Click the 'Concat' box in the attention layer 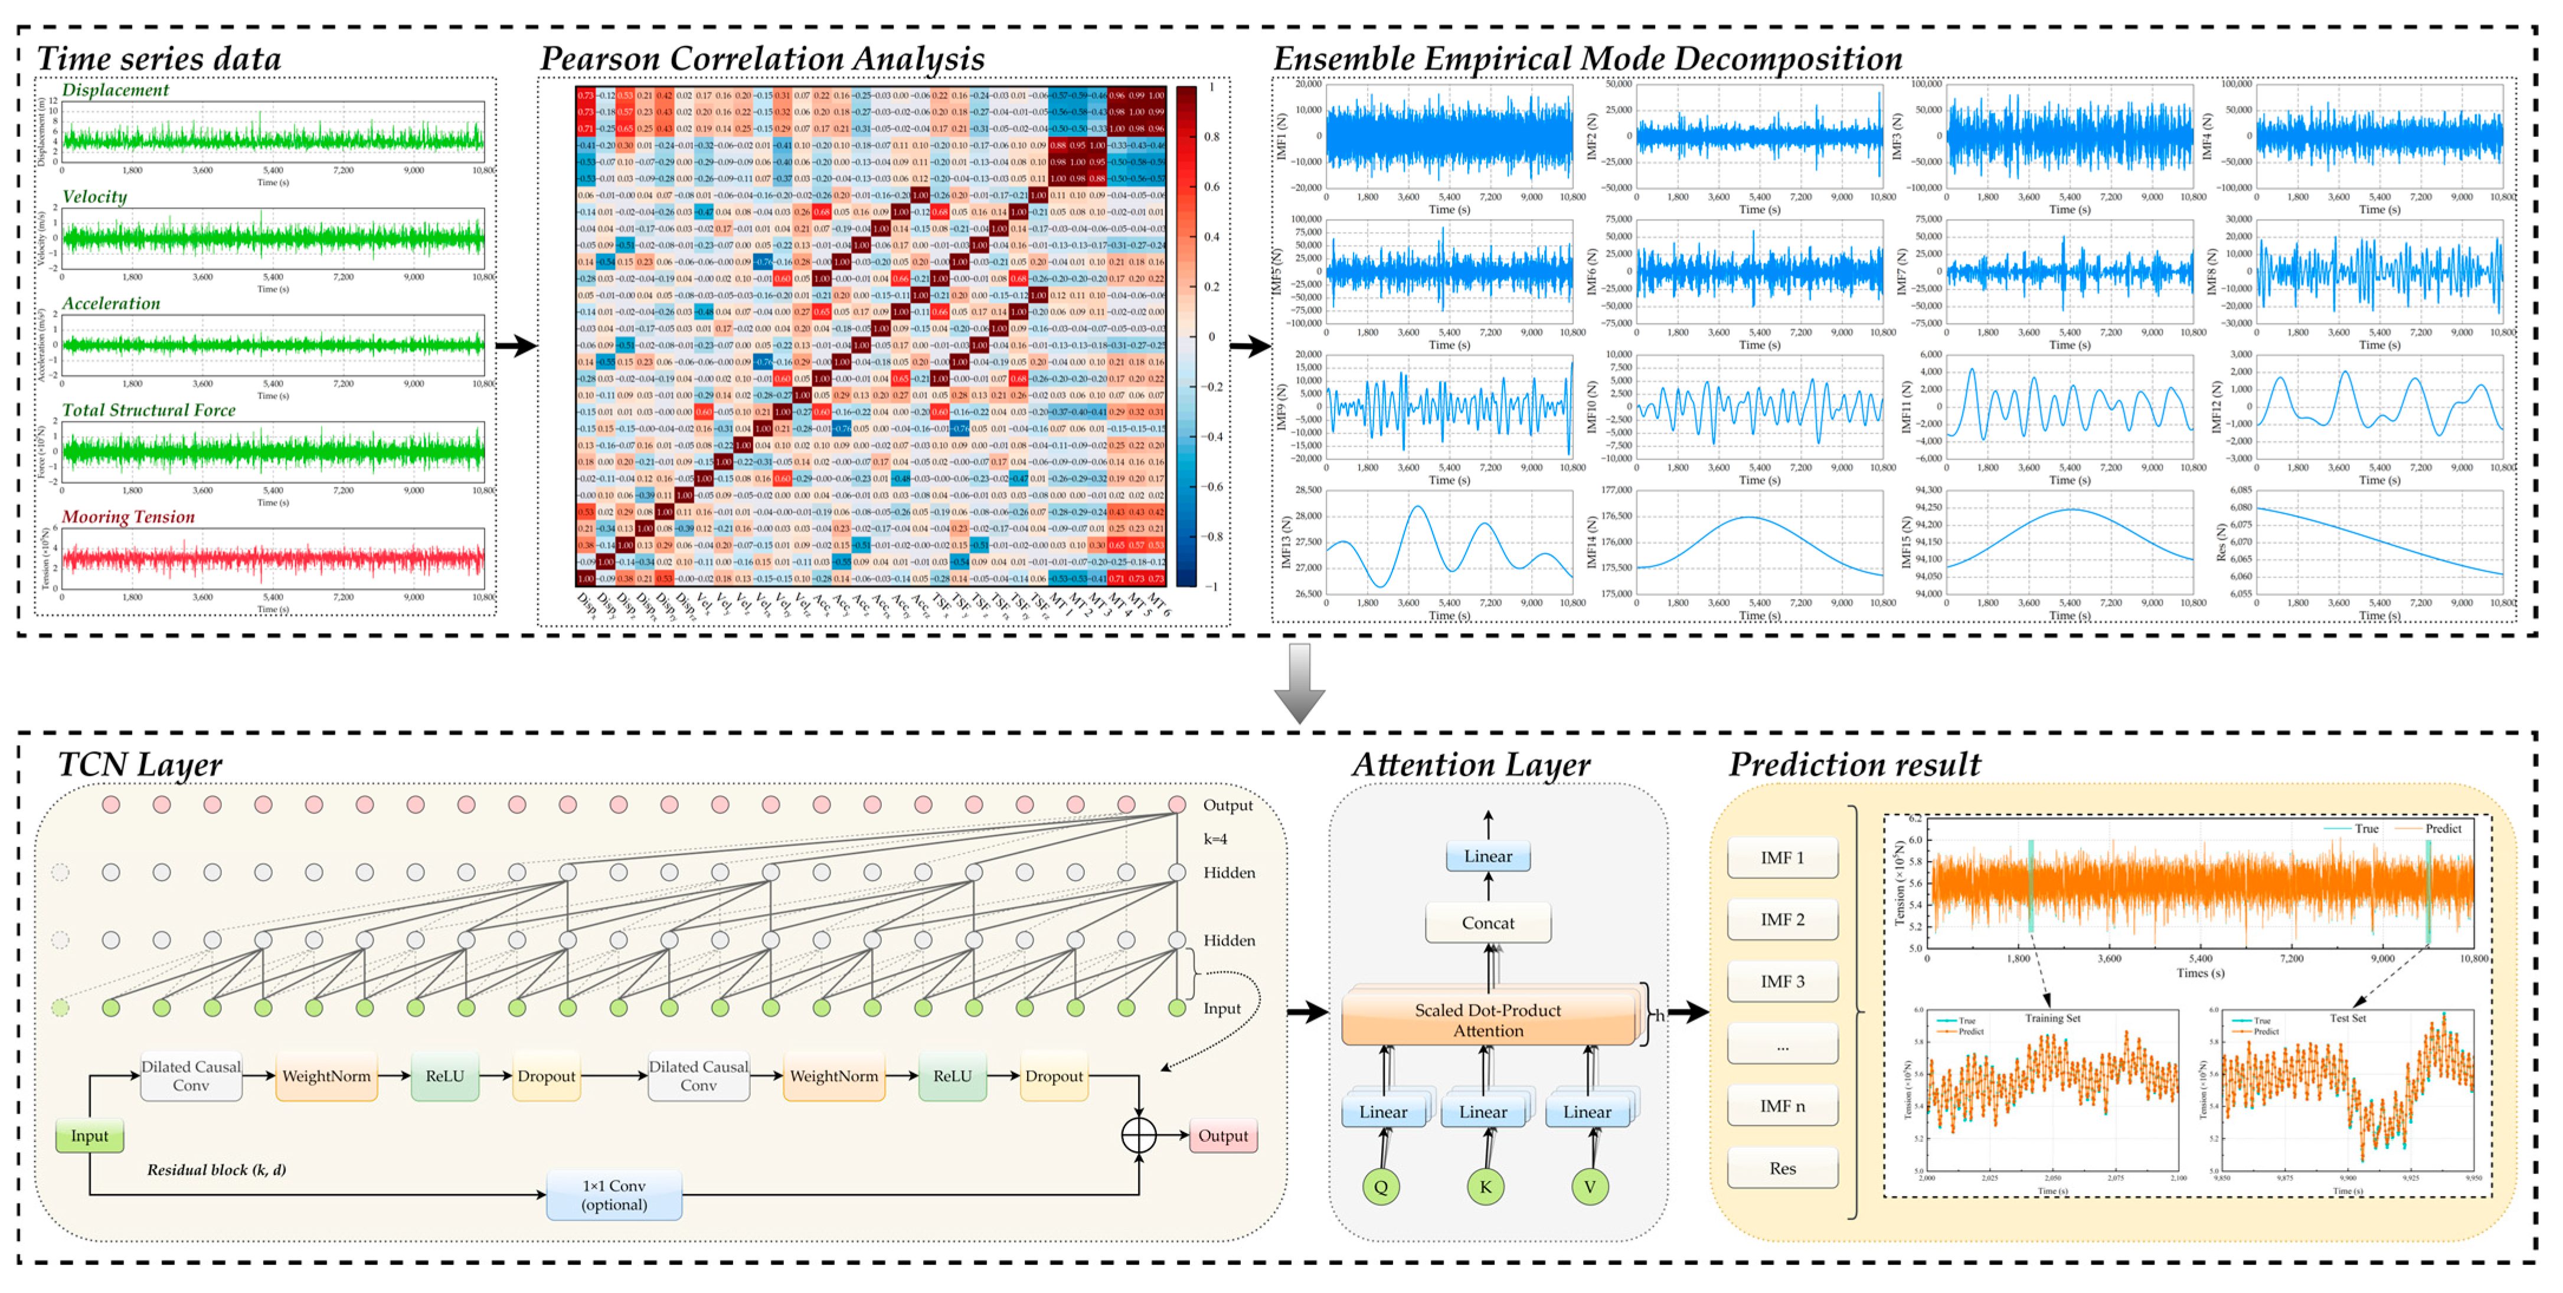click(1488, 923)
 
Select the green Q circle click(1381, 1187)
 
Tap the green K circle click(1486, 1187)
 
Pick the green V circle click(1589, 1187)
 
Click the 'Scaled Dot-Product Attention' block click(1488, 1020)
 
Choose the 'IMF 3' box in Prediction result click(1782, 981)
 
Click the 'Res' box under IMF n click(1782, 1168)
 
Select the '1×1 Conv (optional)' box click(614, 1194)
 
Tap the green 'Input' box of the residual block click(90, 1136)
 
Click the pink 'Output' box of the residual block click(1223, 1136)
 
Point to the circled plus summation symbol click(1139, 1136)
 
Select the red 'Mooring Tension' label click(128, 517)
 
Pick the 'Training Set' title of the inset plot click(2052, 1019)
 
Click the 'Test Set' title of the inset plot click(2347, 1019)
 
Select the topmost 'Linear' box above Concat click(1488, 856)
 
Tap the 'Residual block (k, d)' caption click(216, 1170)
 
